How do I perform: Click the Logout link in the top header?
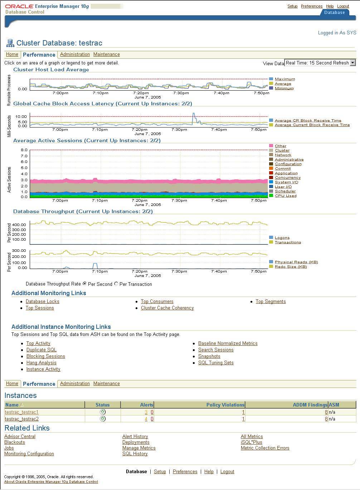point(343,6)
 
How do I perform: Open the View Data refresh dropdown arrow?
point(353,63)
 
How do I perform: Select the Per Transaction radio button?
point(116,284)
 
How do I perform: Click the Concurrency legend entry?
point(287,178)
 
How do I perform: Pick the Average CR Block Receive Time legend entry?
point(308,121)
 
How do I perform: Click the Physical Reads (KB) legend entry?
point(296,262)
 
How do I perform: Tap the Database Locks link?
point(42,302)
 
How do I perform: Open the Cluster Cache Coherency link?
point(167,308)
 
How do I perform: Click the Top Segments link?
point(271,302)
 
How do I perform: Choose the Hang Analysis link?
point(41,363)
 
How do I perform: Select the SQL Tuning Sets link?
point(216,363)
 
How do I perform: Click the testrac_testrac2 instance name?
point(22,419)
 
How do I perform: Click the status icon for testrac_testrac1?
point(103,412)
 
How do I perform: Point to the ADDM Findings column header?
point(310,405)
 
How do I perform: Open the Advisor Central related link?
point(20,437)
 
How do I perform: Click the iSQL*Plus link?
point(251,442)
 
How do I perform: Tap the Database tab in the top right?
point(334,13)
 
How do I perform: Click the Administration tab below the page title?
point(75,54)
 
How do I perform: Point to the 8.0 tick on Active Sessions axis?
point(24,150)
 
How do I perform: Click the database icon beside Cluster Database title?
point(10,43)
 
